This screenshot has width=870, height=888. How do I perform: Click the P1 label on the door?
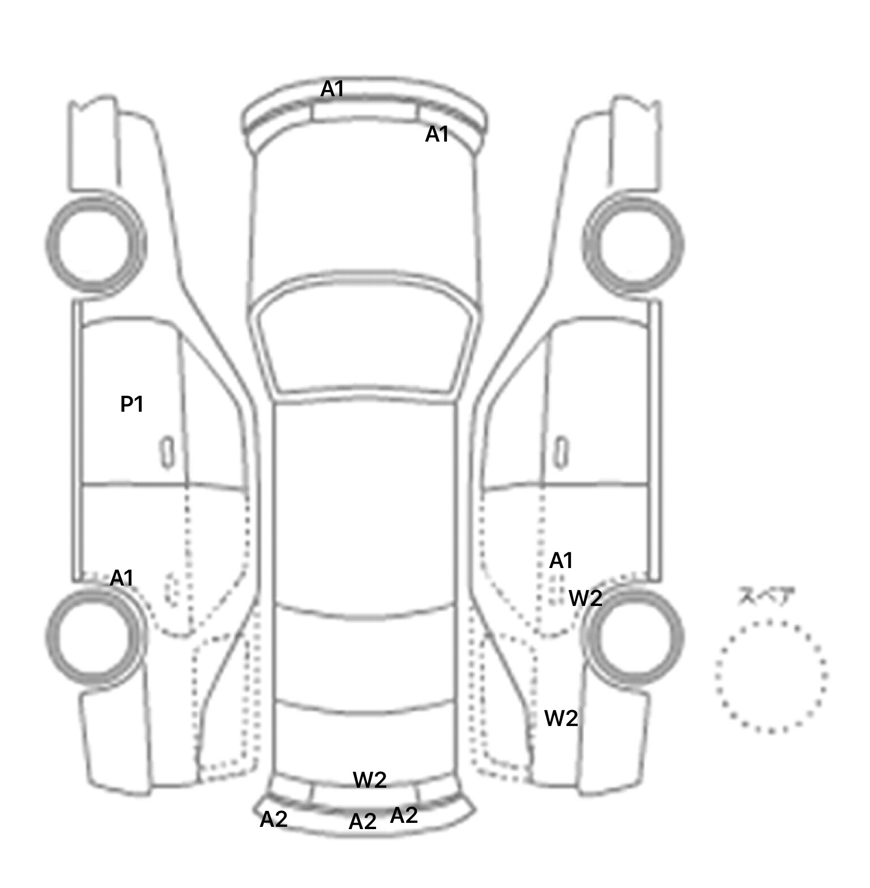(x=132, y=404)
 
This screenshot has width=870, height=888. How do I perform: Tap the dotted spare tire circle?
(x=771, y=676)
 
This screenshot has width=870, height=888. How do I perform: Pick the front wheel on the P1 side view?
(x=95, y=244)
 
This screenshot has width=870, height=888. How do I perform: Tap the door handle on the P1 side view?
(x=167, y=452)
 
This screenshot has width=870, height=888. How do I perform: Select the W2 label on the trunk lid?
(x=370, y=780)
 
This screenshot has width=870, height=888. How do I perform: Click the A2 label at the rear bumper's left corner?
(x=274, y=819)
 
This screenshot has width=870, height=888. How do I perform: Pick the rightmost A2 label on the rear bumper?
(x=404, y=816)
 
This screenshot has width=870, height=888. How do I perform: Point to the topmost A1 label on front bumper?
(x=332, y=89)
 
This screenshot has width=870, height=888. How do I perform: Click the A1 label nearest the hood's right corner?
(x=437, y=134)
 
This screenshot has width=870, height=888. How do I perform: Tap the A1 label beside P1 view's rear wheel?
(x=122, y=578)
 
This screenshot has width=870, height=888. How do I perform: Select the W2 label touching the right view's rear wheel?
(x=585, y=598)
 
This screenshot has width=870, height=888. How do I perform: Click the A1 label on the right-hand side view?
(x=561, y=561)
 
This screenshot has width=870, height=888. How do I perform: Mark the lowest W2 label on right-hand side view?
(x=561, y=719)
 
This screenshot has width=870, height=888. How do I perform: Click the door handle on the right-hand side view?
(x=561, y=452)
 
